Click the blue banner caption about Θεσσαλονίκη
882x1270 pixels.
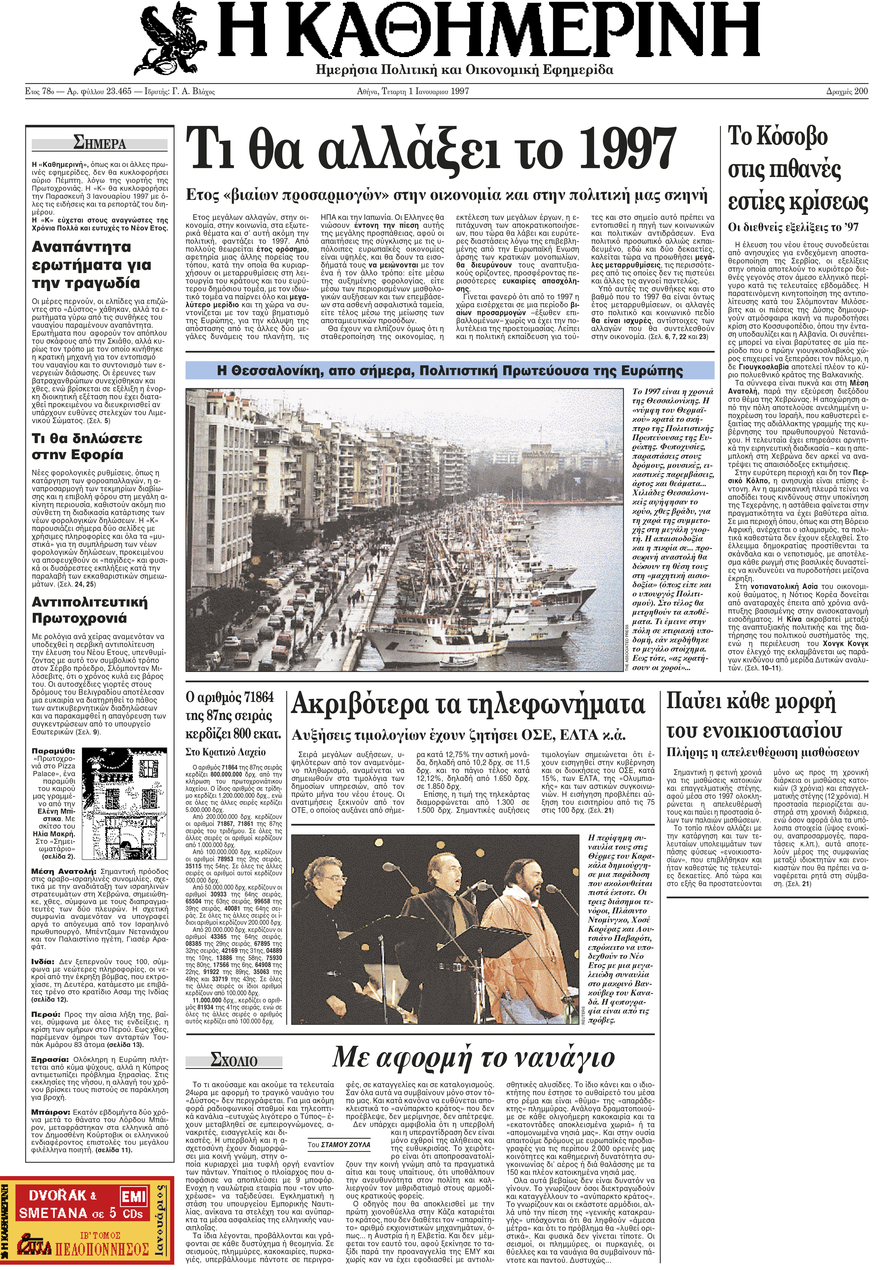click(x=450, y=371)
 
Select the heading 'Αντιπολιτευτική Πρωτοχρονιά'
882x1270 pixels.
click(x=90, y=610)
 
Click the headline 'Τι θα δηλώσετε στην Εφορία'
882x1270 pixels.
click(x=87, y=446)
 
